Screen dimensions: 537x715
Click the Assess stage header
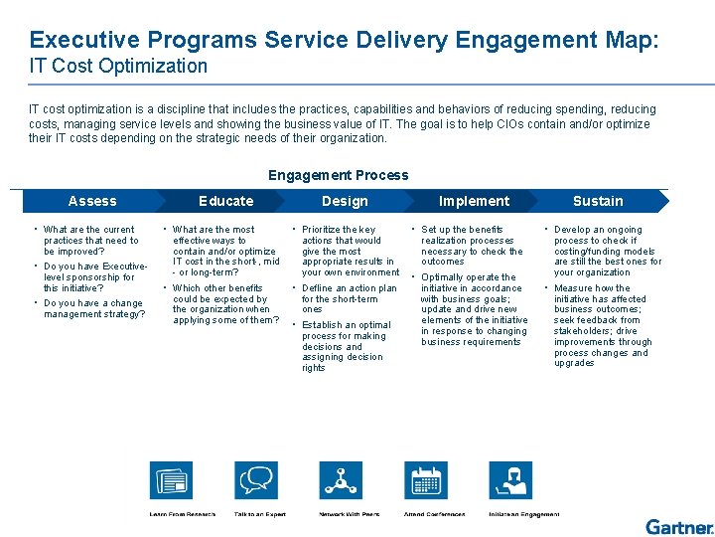point(92,201)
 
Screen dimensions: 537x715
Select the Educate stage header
point(226,201)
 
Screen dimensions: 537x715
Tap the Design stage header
point(345,201)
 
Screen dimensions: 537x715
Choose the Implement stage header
point(474,201)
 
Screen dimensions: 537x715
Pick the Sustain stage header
point(598,201)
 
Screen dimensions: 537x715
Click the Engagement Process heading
point(338,175)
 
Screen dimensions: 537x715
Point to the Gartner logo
point(678,526)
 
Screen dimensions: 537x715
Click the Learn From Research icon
point(171,481)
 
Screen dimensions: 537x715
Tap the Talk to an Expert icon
point(256,481)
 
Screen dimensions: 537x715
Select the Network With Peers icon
point(341,481)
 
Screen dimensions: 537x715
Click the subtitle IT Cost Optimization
point(118,67)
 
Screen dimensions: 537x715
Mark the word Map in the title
point(628,40)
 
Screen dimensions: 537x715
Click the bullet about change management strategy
point(93,309)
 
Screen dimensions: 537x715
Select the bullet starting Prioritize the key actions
point(350,251)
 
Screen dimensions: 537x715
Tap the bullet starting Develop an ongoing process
point(607,251)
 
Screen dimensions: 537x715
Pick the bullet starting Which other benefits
point(224,304)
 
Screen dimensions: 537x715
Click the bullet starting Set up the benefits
point(471,246)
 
